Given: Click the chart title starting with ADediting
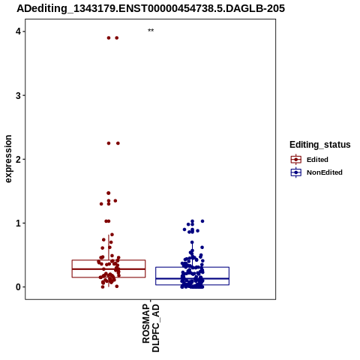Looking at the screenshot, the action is [x=151, y=8].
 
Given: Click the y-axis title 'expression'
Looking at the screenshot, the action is [x=8, y=159].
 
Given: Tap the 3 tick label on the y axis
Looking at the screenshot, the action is [x=18, y=95].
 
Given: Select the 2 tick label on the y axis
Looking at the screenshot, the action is [x=18, y=159].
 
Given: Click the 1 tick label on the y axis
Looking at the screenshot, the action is [x=18, y=223].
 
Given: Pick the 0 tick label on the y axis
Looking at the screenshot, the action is [x=18, y=287].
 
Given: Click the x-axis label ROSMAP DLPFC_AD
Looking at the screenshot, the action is [x=151, y=328].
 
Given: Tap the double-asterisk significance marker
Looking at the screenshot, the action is [x=151, y=31].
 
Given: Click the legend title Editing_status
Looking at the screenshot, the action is [x=319, y=145].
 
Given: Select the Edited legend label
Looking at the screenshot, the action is [x=317, y=160].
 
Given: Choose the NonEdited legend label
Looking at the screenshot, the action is [x=325, y=172].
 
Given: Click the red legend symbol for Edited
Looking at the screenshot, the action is [x=296, y=160].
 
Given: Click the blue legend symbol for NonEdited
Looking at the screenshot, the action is [x=296, y=172].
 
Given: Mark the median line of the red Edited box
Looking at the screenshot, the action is [x=109, y=269].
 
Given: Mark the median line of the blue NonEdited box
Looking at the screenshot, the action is [x=192, y=278].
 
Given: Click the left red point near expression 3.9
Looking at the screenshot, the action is [x=109, y=38].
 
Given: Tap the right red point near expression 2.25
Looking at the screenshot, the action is [x=118, y=143].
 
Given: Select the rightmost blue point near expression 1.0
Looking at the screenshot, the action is [x=202, y=221].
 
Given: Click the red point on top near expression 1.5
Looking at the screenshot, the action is [x=109, y=193].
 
